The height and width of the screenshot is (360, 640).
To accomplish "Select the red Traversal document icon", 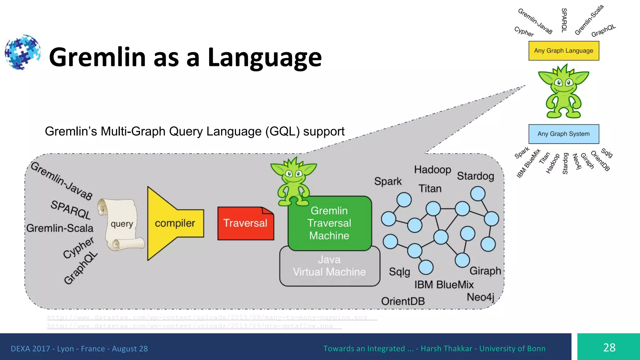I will (246, 223).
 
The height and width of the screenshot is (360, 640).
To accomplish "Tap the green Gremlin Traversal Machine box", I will (329, 223).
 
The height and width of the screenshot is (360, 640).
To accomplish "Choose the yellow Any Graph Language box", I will (563, 51).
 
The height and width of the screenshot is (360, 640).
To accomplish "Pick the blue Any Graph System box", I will (563, 134).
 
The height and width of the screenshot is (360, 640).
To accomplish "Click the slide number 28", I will (609, 347).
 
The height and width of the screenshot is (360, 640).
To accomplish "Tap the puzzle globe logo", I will (22, 52).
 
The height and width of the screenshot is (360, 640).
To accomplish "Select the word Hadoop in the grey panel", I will (432, 170).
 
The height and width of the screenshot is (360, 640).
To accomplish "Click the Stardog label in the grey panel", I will (475, 176).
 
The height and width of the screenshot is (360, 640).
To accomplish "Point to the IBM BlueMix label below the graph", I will (444, 285).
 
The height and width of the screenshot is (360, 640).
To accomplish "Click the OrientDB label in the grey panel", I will (403, 301).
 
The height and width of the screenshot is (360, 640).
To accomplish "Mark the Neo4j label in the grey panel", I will (480, 297).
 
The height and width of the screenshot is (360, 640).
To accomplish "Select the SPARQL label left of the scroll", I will (71, 210).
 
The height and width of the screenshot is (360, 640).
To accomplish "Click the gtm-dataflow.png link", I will (190, 326).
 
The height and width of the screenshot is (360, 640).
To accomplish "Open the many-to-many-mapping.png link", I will (207, 317).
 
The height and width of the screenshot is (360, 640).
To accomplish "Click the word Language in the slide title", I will (264, 57).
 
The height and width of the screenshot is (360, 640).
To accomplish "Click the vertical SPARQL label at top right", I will (564, 20).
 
